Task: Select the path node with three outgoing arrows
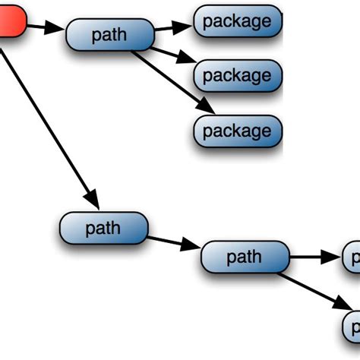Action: (x=109, y=35)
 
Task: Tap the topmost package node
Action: (x=237, y=21)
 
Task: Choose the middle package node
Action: (x=237, y=75)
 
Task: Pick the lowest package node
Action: (x=237, y=131)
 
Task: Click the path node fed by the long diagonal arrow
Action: (x=103, y=229)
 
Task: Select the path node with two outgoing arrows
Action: (x=245, y=257)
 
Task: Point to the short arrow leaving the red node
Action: (x=46, y=29)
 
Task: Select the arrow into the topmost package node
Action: (x=172, y=28)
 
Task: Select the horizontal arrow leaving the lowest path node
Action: (x=314, y=257)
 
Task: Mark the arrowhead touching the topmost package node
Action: (x=185, y=26)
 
